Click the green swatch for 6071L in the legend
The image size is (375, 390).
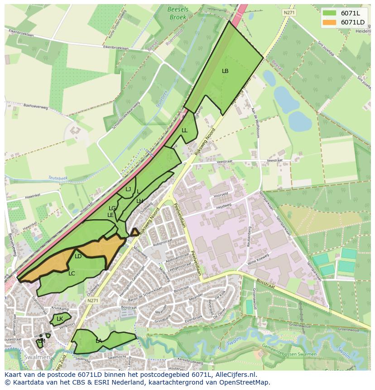(330, 13)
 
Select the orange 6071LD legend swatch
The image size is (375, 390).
(330, 22)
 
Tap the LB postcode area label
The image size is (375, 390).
(225, 71)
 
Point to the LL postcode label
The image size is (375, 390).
(184, 130)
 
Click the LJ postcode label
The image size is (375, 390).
(128, 189)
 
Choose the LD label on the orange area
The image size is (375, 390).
(78, 256)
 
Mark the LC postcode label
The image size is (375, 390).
(72, 274)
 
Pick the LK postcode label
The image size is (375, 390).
(60, 319)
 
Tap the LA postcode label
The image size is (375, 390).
(99, 341)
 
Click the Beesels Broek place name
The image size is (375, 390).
(178, 13)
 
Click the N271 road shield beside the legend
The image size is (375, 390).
(289, 13)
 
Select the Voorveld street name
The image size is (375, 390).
(220, 196)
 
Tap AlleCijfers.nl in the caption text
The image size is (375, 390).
(234, 375)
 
